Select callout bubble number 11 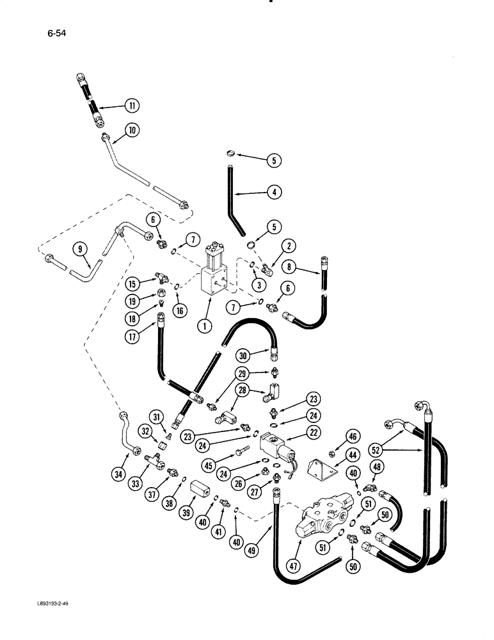point(131,106)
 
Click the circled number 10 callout point(132,131)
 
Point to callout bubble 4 point(273,191)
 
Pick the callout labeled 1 point(205,326)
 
